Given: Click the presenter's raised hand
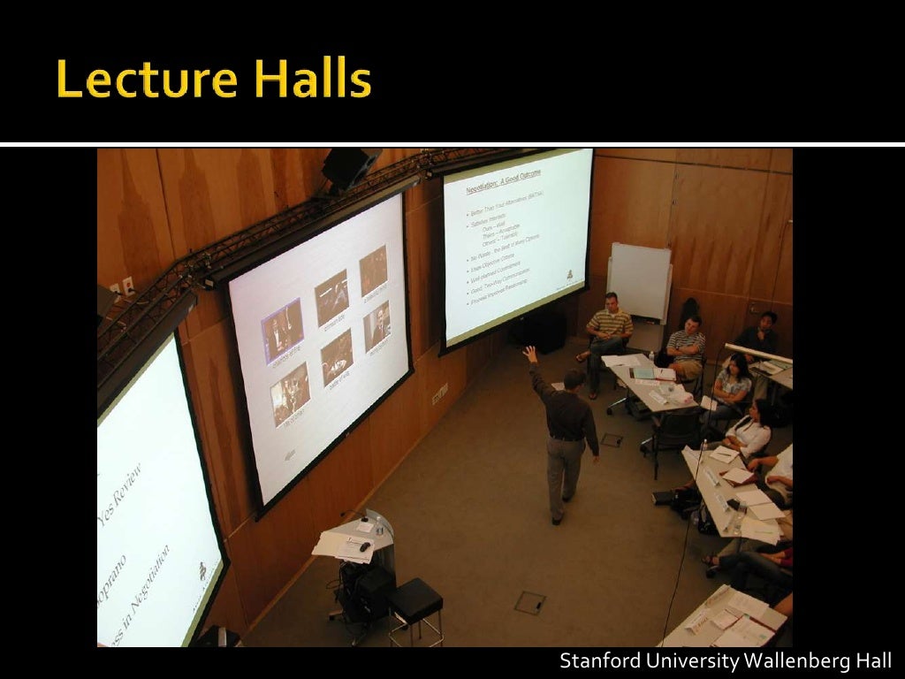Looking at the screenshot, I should click(529, 353).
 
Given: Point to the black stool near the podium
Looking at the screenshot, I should click(414, 602).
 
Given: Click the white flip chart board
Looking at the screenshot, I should click(639, 281).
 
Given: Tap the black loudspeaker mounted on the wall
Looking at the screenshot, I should click(348, 167).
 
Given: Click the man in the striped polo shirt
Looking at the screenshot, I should click(609, 328).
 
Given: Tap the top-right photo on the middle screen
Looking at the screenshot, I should click(373, 271).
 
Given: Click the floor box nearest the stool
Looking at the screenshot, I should click(529, 602).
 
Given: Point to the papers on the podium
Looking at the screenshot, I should click(343, 545).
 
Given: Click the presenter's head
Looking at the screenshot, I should click(574, 380).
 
